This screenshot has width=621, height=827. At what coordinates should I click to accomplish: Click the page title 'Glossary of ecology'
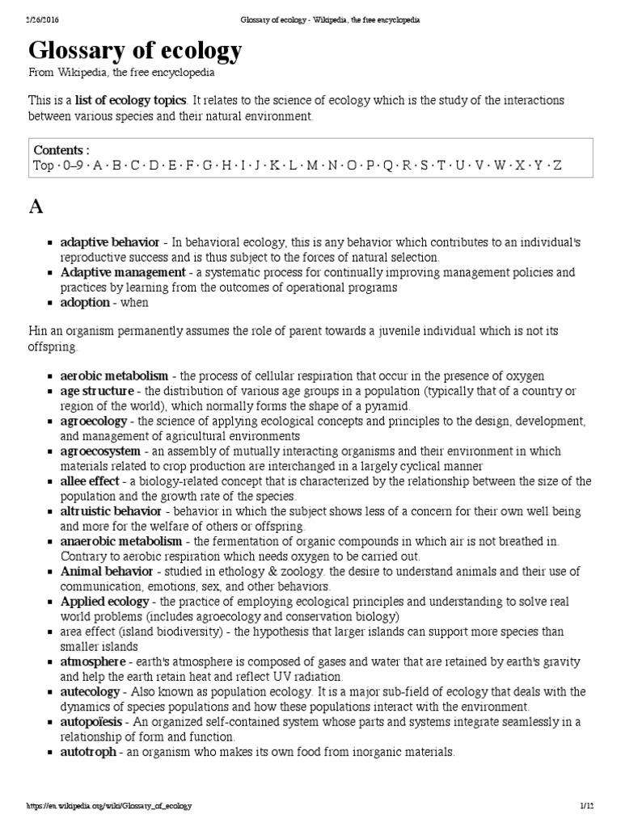[135, 52]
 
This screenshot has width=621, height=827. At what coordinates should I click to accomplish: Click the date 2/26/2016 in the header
[21, 18]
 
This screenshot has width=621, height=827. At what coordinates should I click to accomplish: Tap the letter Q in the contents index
[387, 166]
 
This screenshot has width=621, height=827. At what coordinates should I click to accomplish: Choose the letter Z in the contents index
[557, 166]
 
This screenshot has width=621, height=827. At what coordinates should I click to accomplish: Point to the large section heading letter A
[36, 207]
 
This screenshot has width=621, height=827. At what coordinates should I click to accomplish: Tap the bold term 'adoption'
[85, 302]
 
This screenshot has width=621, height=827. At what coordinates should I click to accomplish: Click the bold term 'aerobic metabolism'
[114, 376]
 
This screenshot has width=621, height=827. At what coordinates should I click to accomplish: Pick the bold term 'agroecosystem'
[100, 451]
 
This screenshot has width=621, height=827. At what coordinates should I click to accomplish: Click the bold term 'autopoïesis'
[91, 721]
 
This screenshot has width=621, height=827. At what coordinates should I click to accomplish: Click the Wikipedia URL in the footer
[98, 806]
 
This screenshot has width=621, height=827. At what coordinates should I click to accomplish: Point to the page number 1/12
[586, 806]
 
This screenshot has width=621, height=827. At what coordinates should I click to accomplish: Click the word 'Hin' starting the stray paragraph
[39, 332]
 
